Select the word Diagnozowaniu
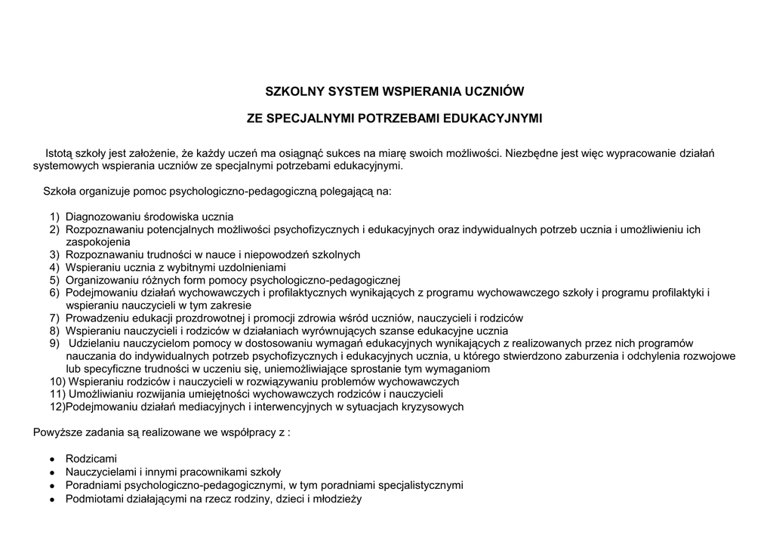click(x=102, y=217)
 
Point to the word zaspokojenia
click(x=98, y=242)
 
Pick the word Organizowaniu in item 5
click(x=102, y=280)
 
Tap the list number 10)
click(x=57, y=382)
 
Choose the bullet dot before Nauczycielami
click(x=51, y=472)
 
